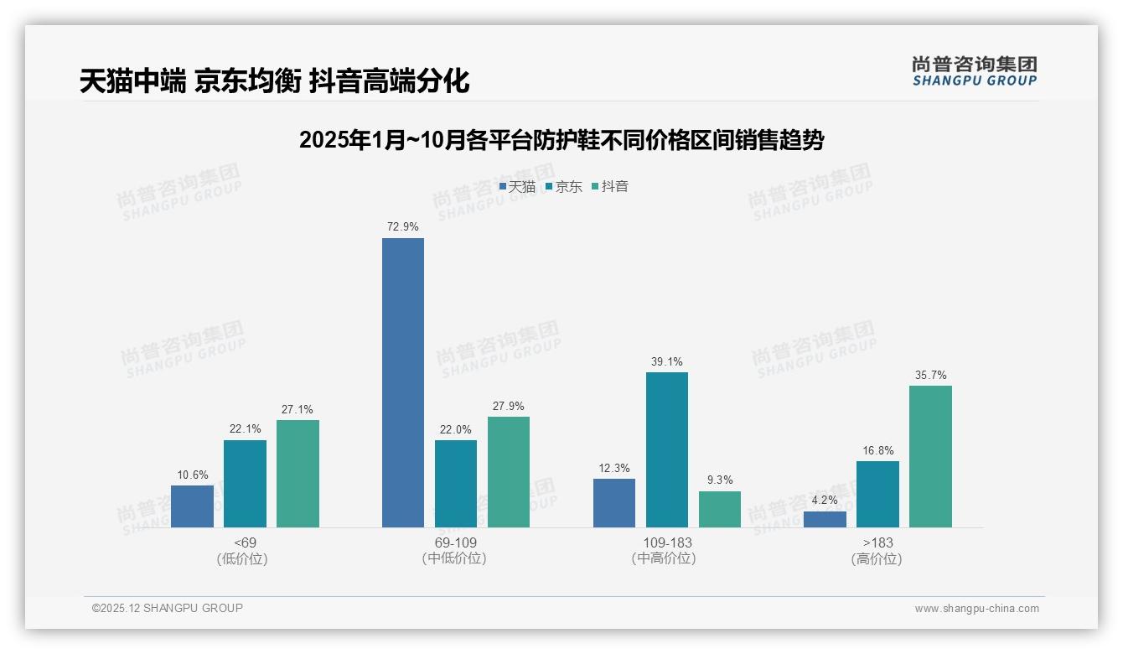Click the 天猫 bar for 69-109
(x=403, y=382)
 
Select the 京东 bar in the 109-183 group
(x=667, y=449)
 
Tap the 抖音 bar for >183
(x=930, y=456)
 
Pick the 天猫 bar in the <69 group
(x=192, y=506)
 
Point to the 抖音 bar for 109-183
(x=720, y=509)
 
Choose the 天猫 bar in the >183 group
(x=825, y=519)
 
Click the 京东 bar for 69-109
(x=456, y=484)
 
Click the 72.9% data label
(x=403, y=226)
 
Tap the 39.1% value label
(x=667, y=361)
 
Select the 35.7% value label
(x=930, y=375)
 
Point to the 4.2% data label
(x=825, y=500)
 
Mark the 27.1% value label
(x=298, y=409)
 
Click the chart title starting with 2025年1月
(x=561, y=140)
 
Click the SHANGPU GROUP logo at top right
(x=975, y=71)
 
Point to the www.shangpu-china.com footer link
(x=976, y=609)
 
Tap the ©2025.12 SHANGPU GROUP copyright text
(x=168, y=608)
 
